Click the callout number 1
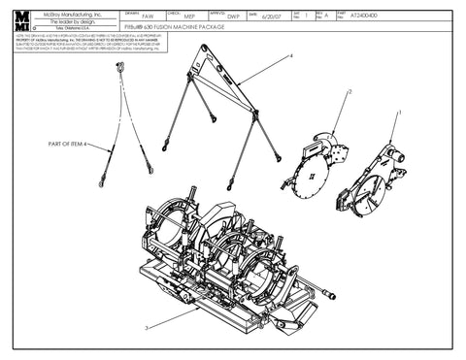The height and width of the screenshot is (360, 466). point(399,114)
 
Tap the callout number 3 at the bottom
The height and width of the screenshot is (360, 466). point(146,329)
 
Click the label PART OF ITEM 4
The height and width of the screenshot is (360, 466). point(64,144)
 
